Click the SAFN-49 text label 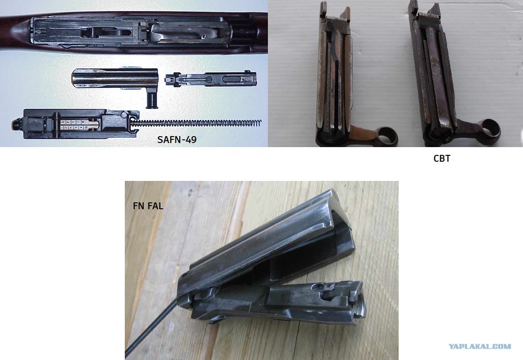[x=177, y=139]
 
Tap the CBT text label [x=442, y=158]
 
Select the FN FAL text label [x=148, y=206]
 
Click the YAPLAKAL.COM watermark [x=480, y=346]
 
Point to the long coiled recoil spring [x=196, y=123]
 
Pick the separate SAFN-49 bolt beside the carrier [x=211, y=79]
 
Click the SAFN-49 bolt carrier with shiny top [x=115, y=79]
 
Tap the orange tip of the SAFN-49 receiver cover [x=16, y=125]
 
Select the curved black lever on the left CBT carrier [x=334, y=60]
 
